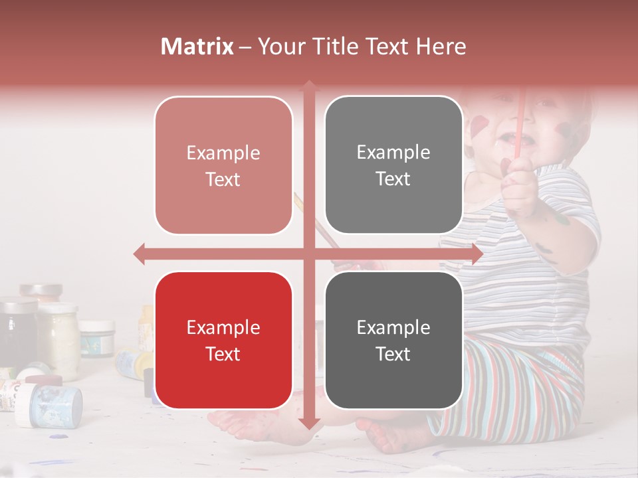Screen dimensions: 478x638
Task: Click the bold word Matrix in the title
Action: coord(197,46)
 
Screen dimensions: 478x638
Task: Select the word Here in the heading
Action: coord(441,46)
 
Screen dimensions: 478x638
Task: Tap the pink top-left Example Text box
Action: coord(223,165)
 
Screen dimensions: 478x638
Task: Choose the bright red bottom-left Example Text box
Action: coord(223,340)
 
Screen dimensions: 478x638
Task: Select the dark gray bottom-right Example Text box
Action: coord(393,340)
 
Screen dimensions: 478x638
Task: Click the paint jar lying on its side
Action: coord(50,405)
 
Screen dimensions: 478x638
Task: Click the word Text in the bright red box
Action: coord(223,354)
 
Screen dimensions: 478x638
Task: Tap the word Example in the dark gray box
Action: coord(393,327)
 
